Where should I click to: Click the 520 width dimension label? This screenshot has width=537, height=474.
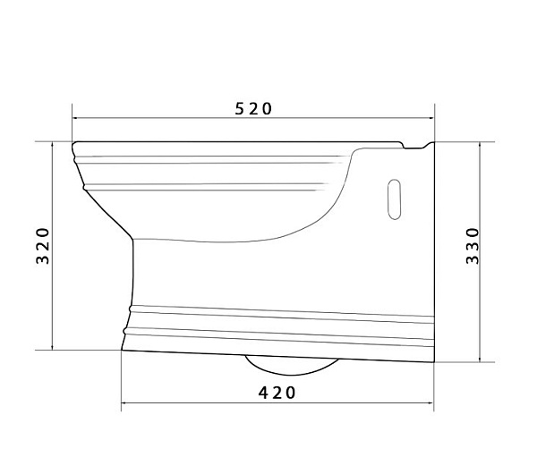253,108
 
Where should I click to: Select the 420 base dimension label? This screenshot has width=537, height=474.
277,392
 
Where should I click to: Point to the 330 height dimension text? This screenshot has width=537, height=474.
473,245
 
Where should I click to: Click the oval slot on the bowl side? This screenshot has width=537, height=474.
394,199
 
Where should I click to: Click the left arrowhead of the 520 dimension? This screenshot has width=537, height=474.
76,117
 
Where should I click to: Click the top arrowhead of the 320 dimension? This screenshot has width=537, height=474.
54,144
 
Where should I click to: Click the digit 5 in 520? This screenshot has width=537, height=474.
240,108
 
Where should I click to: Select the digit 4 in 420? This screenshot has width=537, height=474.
264,392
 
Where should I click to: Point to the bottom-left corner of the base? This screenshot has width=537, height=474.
123,349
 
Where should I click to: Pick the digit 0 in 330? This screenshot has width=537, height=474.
473,232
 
